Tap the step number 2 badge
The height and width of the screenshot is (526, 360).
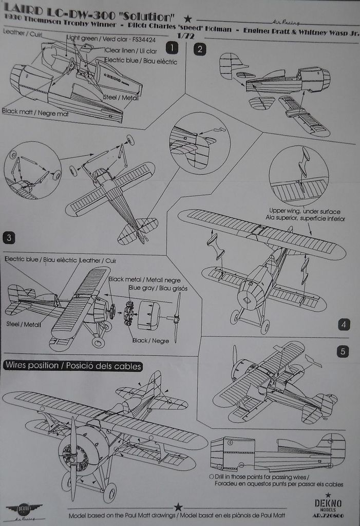199,49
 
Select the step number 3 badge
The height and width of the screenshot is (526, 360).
9,237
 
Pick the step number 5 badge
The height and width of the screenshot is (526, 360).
344,351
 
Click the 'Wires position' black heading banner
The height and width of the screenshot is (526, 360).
72,366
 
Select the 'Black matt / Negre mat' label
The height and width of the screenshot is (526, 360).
35,111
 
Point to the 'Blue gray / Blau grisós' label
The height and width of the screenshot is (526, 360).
158,288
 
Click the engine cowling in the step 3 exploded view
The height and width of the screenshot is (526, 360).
149,315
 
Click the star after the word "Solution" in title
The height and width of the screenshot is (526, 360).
188,19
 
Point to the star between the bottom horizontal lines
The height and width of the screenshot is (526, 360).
178,507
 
